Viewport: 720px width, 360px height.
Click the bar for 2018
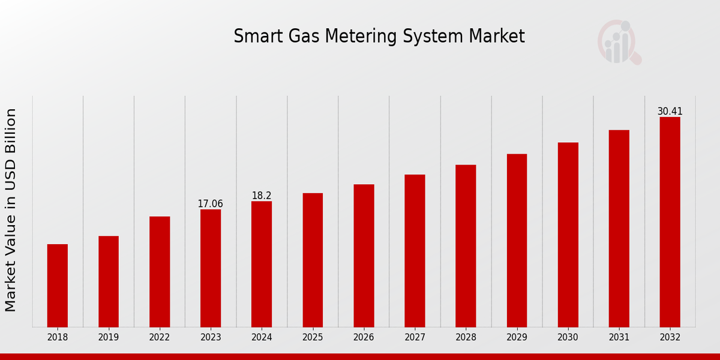point(58,286)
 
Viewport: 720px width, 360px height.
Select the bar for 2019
point(109,281)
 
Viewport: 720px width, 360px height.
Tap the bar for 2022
point(160,272)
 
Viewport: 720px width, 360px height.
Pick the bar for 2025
point(313,260)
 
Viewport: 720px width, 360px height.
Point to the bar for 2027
point(415,251)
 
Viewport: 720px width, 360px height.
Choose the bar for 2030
point(568,235)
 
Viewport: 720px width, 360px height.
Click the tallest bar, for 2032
point(670,222)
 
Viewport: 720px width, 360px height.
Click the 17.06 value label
point(210,204)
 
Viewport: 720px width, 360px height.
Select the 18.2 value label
point(262,196)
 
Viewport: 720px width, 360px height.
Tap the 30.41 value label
point(670,112)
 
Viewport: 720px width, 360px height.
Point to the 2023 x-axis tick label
point(211,337)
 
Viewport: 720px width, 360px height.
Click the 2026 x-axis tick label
point(364,337)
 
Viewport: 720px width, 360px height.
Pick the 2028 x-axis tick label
point(466,337)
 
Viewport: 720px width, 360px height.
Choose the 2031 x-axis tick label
point(619,337)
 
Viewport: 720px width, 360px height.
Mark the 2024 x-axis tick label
point(262,337)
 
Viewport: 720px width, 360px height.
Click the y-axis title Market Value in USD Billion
point(11,210)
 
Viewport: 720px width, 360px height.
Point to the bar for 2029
point(517,241)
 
